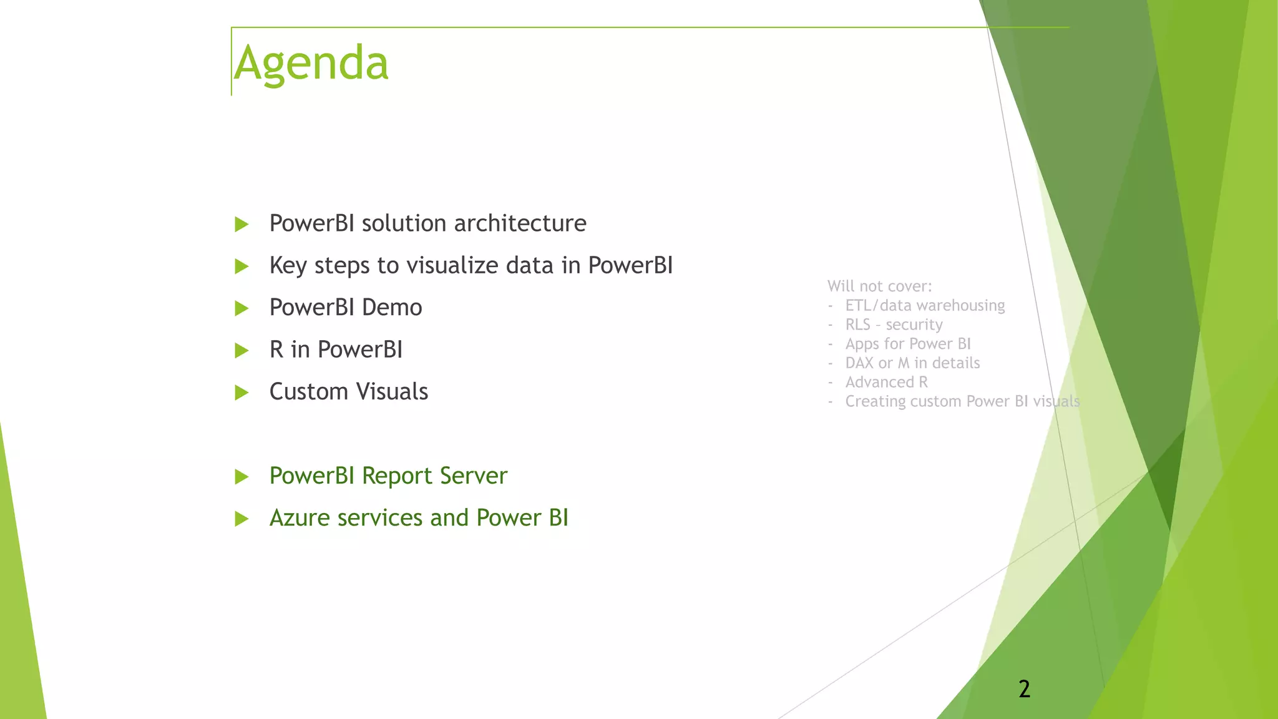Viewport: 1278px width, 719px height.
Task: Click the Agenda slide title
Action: [x=311, y=63]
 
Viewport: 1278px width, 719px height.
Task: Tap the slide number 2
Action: [x=1024, y=689]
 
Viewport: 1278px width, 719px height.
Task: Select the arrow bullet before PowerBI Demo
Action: [x=241, y=308]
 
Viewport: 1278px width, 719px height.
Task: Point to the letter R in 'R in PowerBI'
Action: [x=276, y=350]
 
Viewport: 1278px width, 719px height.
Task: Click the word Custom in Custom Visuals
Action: [x=309, y=392]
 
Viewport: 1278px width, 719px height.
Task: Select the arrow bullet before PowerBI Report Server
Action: [x=241, y=477]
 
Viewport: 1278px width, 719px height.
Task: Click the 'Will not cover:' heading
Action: [x=879, y=286]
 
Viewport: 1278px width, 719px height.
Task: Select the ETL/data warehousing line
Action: [x=924, y=306]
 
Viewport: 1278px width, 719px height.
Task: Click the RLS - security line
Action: [x=893, y=325]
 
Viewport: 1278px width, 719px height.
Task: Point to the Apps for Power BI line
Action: [x=907, y=344]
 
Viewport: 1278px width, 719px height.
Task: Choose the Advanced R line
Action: [x=886, y=382]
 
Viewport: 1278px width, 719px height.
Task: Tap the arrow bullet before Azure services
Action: [x=241, y=519]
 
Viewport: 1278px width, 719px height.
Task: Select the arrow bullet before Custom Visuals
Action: [x=241, y=393]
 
